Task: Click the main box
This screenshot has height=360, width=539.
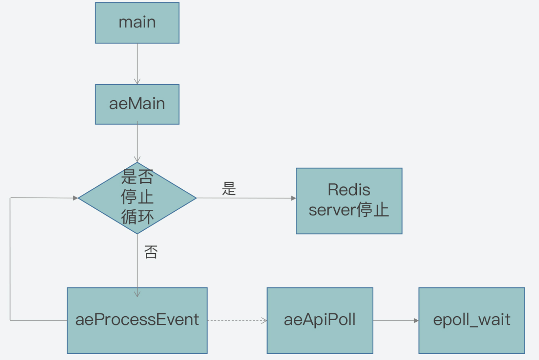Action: tap(137, 23)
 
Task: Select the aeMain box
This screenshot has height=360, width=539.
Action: tap(137, 104)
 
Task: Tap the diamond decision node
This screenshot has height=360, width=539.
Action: tap(137, 198)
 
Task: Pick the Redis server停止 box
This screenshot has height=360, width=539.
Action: tap(349, 201)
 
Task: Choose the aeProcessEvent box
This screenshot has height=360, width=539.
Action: tap(137, 321)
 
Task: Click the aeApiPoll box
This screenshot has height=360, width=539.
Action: tap(320, 321)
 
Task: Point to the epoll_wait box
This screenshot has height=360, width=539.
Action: tap(472, 321)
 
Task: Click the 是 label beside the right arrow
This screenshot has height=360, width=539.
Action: tap(229, 188)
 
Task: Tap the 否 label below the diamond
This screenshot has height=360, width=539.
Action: tap(151, 252)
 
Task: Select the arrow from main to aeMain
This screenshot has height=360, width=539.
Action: tap(137, 64)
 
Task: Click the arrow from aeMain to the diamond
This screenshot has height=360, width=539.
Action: tap(137, 142)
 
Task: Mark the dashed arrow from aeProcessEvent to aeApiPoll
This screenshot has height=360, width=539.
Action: tap(237, 321)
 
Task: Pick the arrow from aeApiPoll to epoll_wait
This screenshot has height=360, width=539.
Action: tap(396, 321)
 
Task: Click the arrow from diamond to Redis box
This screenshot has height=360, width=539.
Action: tap(246, 198)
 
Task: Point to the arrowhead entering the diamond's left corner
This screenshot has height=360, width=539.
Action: tap(76, 198)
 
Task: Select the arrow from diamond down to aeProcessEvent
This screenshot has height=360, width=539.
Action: tap(137, 265)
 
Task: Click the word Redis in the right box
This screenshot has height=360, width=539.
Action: tap(349, 190)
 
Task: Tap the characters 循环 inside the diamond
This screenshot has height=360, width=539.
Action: tap(137, 217)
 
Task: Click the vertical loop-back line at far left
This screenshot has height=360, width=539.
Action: tap(10, 259)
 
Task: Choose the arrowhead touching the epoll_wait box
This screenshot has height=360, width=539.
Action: tap(416, 321)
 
